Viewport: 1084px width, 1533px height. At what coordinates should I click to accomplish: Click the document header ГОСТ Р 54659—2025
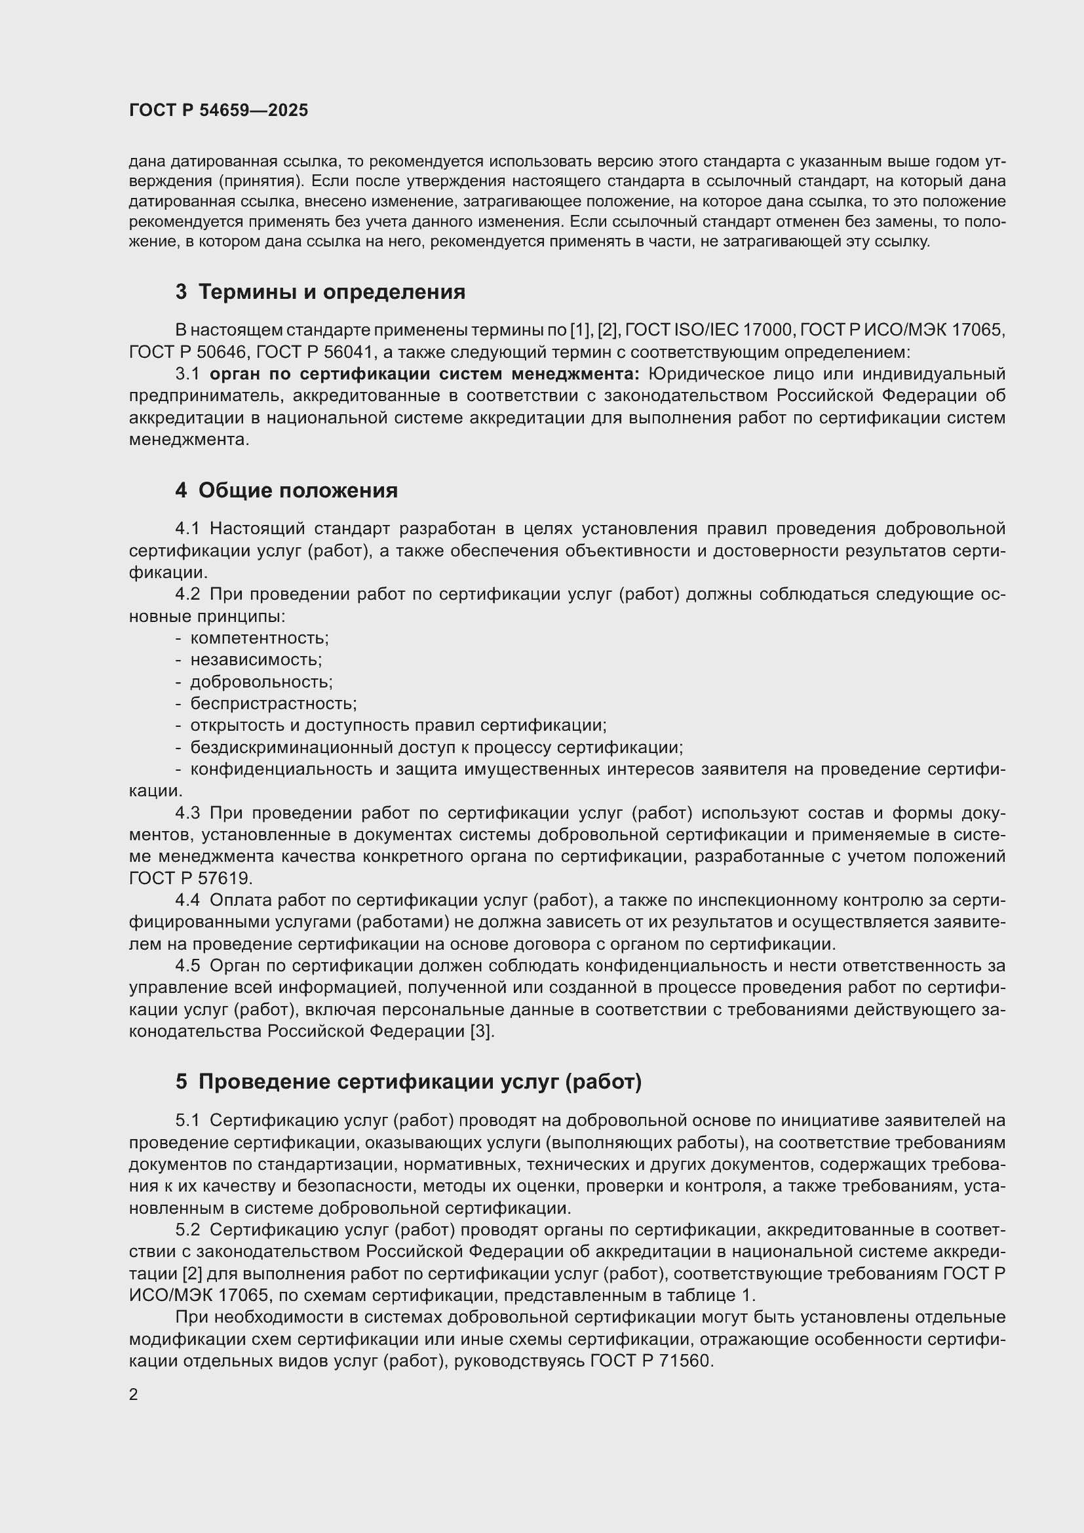218,111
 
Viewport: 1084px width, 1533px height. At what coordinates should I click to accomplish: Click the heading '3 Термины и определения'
320,292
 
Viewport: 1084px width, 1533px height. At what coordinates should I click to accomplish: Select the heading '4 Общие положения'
286,491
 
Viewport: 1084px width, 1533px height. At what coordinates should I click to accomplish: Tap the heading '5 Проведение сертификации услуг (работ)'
408,1081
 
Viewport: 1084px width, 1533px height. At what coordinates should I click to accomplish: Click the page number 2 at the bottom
134,1395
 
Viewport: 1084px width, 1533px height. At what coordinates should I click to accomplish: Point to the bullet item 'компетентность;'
260,638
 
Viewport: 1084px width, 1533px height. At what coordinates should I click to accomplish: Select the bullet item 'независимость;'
256,660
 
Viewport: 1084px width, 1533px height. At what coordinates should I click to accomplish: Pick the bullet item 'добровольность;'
261,682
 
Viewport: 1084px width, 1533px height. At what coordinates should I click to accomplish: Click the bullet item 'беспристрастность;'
274,704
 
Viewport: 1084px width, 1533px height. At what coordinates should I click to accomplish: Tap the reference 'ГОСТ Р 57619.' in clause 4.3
191,879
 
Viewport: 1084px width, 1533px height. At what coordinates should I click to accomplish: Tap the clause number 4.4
187,901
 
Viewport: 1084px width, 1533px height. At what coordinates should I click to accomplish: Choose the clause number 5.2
187,1230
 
